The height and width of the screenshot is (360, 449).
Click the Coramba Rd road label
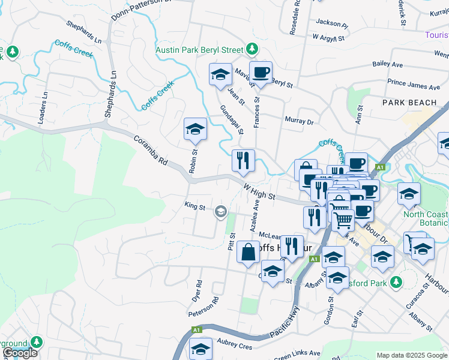click(x=151, y=150)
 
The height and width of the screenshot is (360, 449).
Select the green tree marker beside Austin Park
click(x=253, y=49)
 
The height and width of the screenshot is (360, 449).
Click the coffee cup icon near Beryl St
click(x=261, y=73)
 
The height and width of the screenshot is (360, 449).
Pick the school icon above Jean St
click(x=220, y=75)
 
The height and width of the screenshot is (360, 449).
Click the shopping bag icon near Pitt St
click(x=248, y=252)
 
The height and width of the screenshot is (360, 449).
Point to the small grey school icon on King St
click(x=221, y=210)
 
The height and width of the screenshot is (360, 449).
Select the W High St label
click(x=259, y=192)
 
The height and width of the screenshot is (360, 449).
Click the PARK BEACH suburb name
click(x=409, y=103)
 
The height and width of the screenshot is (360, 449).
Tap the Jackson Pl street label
click(x=332, y=23)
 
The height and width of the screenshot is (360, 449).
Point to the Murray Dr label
click(x=300, y=121)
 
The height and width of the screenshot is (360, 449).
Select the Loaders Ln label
click(x=43, y=108)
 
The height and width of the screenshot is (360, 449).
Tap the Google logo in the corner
click(x=19, y=353)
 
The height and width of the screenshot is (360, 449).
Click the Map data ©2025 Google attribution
click(x=411, y=355)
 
